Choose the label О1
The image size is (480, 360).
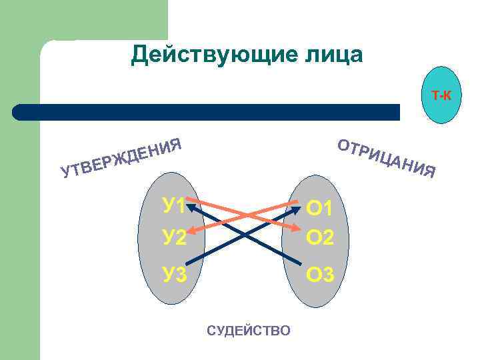pyautogui.click(x=319, y=209)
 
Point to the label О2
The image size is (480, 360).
pyautogui.click(x=319, y=237)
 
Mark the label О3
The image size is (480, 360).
pyautogui.click(x=319, y=273)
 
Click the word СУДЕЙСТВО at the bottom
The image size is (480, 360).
pyautogui.click(x=249, y=330)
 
